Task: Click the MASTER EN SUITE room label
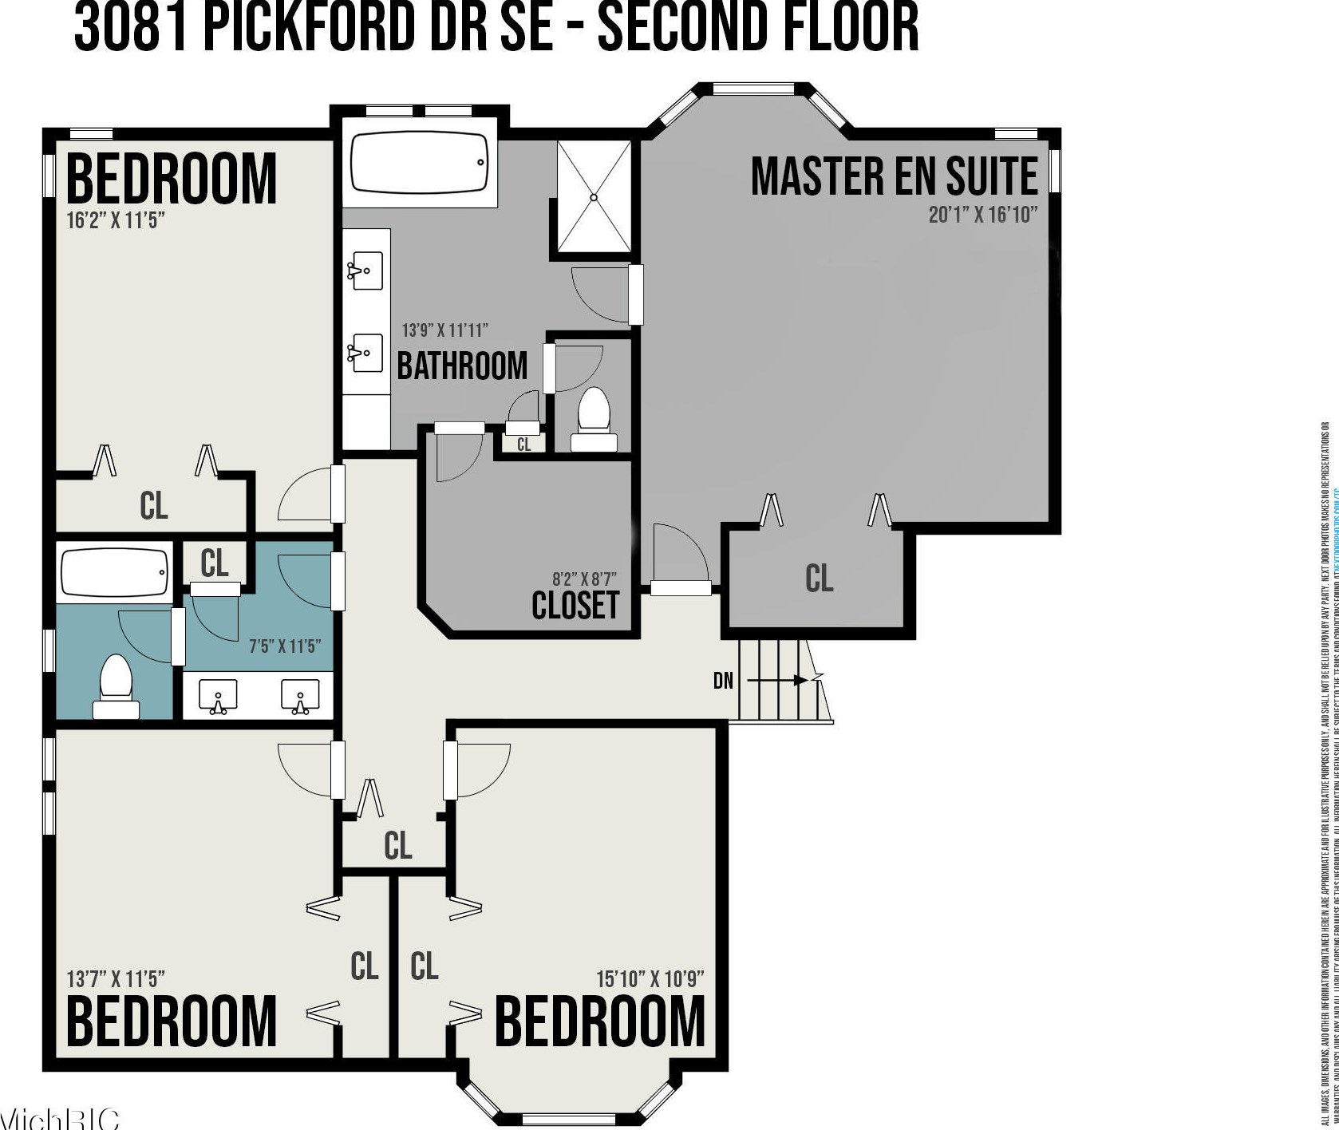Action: [x=894, y=177]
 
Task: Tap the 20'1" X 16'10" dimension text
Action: [x=982, y=215]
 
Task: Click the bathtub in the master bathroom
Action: [x=420, y=163]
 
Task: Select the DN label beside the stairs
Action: [x=723, y=682]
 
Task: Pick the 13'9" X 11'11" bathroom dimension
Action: [x=444, y=330]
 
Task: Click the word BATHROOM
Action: [x=462, y=365]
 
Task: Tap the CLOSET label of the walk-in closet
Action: [x=575, y=605]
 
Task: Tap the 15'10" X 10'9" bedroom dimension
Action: [x=650, y=978]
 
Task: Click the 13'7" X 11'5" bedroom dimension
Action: [x=116, y=978]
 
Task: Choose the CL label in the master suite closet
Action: [x=820, y=578]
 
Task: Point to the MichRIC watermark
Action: [x=60, y=1118]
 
